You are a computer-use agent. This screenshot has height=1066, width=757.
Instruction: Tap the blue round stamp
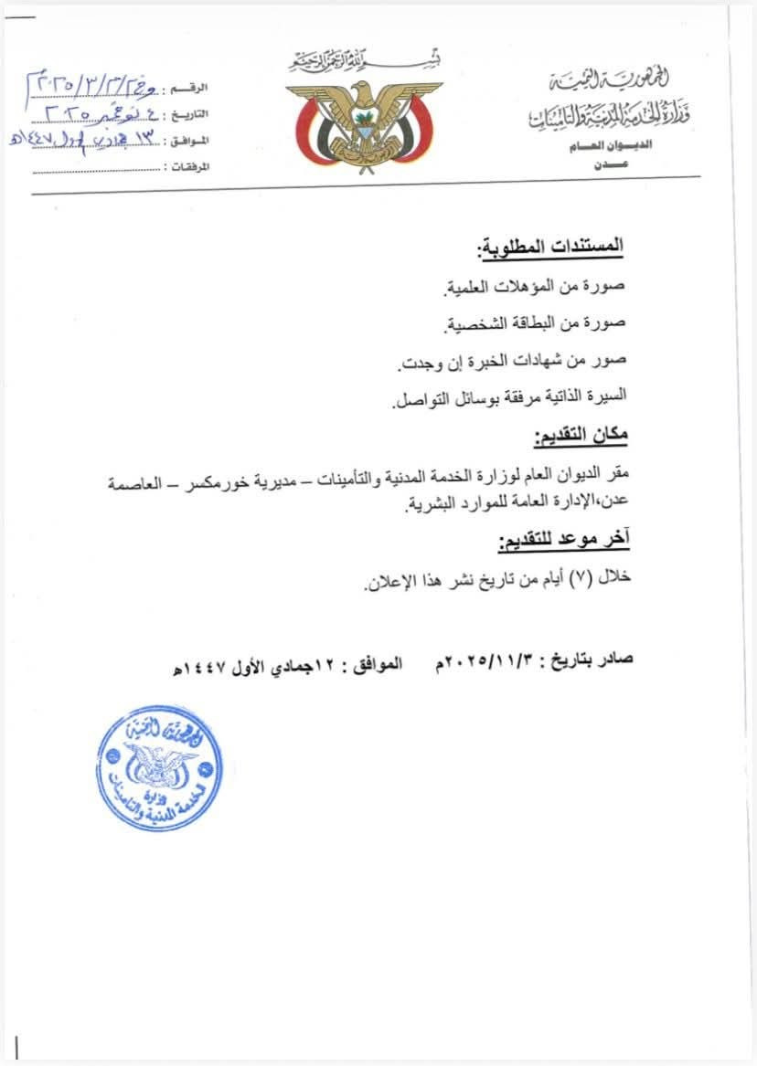(x=159, y=768)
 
